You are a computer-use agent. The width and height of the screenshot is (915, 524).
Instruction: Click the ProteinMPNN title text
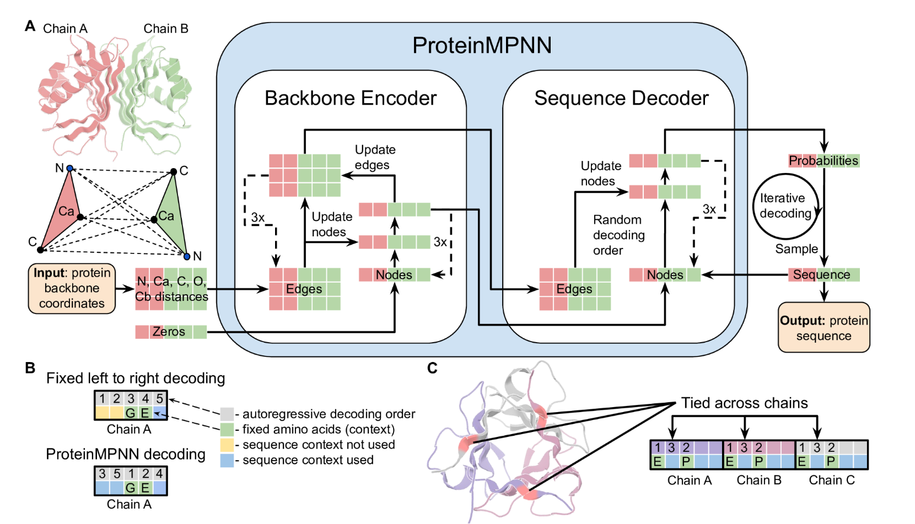[482, 45]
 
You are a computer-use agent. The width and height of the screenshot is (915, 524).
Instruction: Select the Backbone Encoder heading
[351, 98]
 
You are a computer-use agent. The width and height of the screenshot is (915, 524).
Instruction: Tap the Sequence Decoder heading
[621, 98]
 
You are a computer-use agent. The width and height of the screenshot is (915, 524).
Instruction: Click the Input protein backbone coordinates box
[72, 288]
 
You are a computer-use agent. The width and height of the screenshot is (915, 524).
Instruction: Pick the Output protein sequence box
[823, 328]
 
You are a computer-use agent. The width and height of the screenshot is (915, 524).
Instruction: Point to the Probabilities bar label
[823, 161]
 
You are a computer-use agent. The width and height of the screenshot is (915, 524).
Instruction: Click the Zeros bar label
[169, 332]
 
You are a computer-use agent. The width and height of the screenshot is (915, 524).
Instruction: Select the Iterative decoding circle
[785, 206]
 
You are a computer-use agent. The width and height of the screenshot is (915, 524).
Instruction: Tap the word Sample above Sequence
[796, 249]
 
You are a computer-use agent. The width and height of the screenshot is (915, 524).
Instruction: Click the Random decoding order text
[618, 235]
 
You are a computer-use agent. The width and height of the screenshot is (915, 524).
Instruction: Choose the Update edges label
[374, 158]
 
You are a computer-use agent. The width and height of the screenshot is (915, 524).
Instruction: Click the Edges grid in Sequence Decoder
[574, 289]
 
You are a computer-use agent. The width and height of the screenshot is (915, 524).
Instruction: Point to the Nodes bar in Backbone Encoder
[394, 275]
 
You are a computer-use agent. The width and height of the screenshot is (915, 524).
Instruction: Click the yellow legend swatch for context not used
[227, 445]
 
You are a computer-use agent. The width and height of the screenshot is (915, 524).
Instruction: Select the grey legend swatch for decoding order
[227, 414]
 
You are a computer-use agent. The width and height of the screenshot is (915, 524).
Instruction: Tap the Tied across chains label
[744, 403]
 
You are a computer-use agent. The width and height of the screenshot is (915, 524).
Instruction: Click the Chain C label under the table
[831, 480]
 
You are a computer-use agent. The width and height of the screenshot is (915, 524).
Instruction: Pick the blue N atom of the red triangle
[70, 169]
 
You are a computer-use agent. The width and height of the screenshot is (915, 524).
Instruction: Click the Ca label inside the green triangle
[166, 216]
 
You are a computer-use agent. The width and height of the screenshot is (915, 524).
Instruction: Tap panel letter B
[30, 368]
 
